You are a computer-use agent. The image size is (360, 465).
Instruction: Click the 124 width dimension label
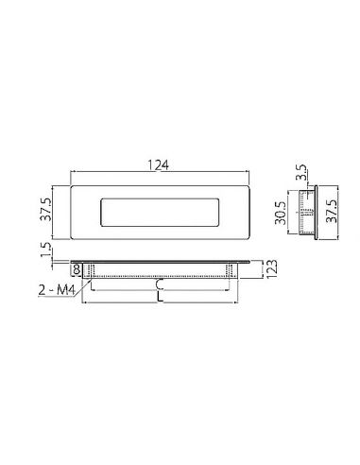159,165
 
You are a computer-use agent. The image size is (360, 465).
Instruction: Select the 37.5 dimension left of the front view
45,209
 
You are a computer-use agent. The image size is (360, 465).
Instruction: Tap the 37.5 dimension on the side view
332,212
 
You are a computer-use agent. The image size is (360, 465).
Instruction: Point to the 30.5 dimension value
280,214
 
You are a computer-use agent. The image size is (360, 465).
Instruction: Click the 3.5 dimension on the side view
301,172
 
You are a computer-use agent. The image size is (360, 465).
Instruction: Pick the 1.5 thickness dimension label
45,250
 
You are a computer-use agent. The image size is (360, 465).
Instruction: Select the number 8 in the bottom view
77,269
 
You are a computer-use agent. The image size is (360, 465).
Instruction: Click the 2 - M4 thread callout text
57,290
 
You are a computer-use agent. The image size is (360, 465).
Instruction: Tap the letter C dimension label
160,284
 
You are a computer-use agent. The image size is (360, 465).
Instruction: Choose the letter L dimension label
161,298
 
